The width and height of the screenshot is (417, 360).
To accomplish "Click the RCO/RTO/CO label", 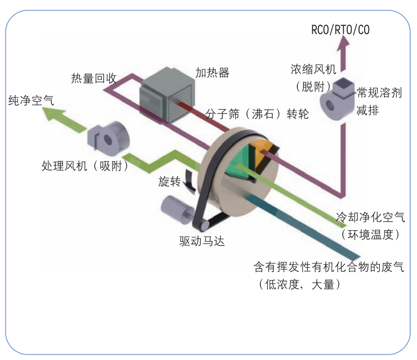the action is pos(340,30).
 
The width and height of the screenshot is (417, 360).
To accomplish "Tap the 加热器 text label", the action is pos(212,73).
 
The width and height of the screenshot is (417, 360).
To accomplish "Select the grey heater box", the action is pos(167,95).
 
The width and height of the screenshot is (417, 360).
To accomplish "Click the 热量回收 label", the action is pos(94,79).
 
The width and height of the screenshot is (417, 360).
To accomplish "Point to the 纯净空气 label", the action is pos(32,100).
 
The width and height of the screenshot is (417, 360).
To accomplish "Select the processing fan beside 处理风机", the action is pos(108,138).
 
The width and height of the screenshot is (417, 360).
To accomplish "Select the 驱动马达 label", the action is pos(202,241).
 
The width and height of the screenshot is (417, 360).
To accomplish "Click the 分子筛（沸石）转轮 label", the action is pos(257,115).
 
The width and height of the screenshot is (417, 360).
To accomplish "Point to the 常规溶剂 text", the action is pos(380,93).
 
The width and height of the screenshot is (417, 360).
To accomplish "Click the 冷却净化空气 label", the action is pos(370,217).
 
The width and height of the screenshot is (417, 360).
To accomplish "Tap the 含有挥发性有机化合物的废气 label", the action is pos(329,267).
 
